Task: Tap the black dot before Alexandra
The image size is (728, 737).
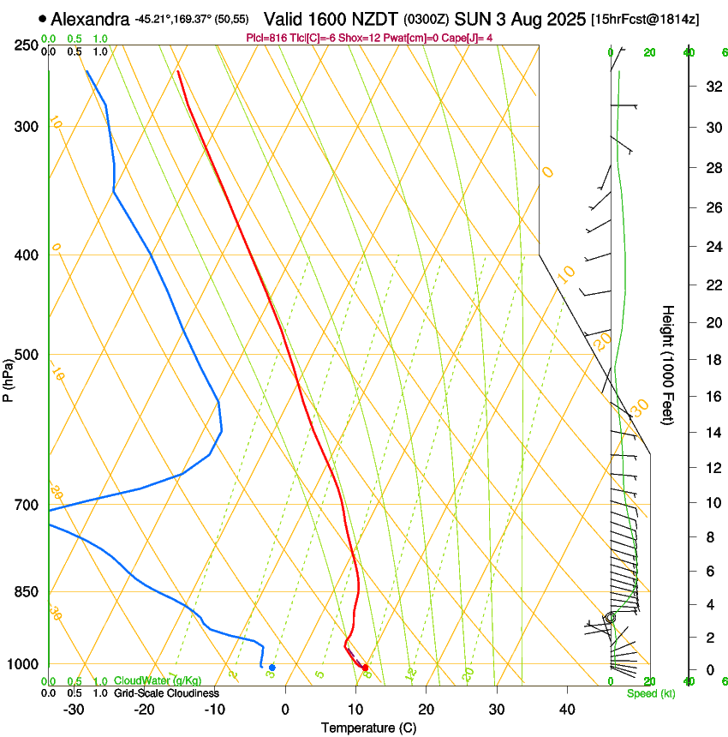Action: coord(42,18)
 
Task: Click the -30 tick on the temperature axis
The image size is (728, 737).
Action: coord(74,709)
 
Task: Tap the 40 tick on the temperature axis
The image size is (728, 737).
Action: coord(566,709)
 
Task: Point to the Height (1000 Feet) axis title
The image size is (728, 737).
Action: coord(669,364)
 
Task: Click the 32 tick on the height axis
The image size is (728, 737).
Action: coord(711,87)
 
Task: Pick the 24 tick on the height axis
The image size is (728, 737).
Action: coord(711,247)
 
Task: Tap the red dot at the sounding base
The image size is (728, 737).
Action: coord(366,668)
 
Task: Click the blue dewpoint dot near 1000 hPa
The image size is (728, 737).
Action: coord(272,667)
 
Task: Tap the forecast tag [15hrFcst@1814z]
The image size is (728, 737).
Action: coord(644,19)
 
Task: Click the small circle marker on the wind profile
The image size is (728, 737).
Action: coord(611,617)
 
